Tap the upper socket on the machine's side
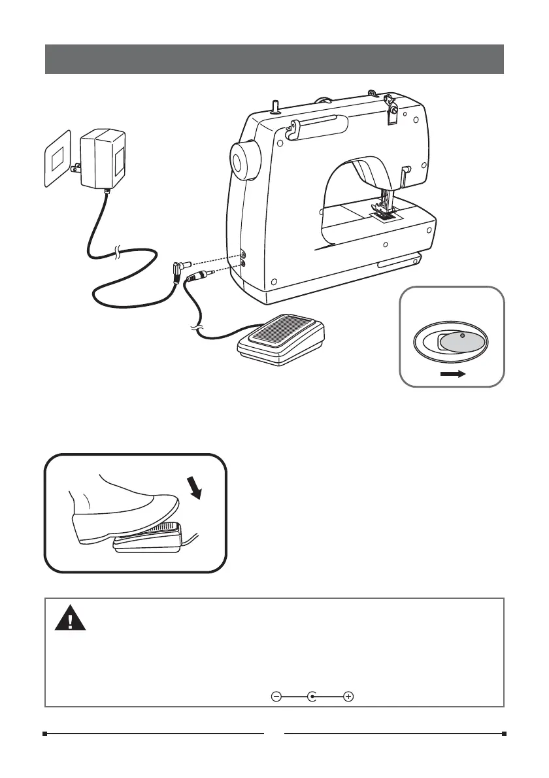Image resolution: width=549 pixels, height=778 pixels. click(243, 252)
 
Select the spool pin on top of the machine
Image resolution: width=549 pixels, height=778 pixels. click(275, 104)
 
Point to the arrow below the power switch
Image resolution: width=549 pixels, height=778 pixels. click(452, 375)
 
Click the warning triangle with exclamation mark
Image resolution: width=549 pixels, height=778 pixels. click(70, 617)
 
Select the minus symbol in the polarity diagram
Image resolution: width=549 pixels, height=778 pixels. click(276, 697)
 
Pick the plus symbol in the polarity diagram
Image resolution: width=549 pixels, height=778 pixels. click(348, 697)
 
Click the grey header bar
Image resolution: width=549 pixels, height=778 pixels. click(274, 59)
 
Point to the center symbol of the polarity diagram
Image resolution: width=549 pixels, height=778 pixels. click(313, 697)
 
